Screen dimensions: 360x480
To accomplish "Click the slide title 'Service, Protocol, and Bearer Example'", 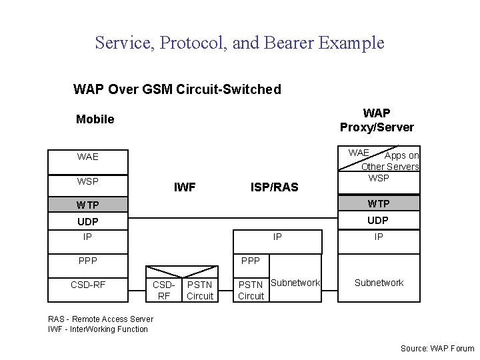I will tap(239, 43).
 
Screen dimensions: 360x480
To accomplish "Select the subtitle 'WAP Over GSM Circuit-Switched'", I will tap(177, 89).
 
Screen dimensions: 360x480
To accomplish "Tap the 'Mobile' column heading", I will tap(95, 119).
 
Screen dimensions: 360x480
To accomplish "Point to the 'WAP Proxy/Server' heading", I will tap(377, 120).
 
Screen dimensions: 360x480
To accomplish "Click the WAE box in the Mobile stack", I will tap(87, 157).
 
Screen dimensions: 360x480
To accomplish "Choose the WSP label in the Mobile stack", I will tap(87, 181).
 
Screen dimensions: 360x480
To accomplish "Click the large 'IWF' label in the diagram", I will tap(185, 187).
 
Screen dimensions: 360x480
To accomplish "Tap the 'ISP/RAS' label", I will tap(275, 187).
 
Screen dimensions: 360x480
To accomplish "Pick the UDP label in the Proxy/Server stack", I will tap(378, 220).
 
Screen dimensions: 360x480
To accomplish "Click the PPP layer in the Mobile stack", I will tap(87, 261).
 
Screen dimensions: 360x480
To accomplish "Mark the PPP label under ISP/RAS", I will tap(251, 261).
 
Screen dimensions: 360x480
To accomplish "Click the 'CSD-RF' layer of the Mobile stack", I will tap(87, 285).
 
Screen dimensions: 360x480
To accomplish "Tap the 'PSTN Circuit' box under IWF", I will tap(200, 291).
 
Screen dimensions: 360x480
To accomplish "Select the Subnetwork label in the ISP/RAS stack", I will tap(295, 283).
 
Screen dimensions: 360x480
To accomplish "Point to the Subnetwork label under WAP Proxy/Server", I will tap(379, 283).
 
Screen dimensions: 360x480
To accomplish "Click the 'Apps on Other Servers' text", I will tap(393, 161).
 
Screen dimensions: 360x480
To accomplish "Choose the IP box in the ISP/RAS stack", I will tap(277, 237).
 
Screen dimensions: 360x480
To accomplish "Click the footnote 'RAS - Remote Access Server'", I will tap(101, 319).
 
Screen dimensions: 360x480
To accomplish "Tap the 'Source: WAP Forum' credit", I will tap(437, 348).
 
